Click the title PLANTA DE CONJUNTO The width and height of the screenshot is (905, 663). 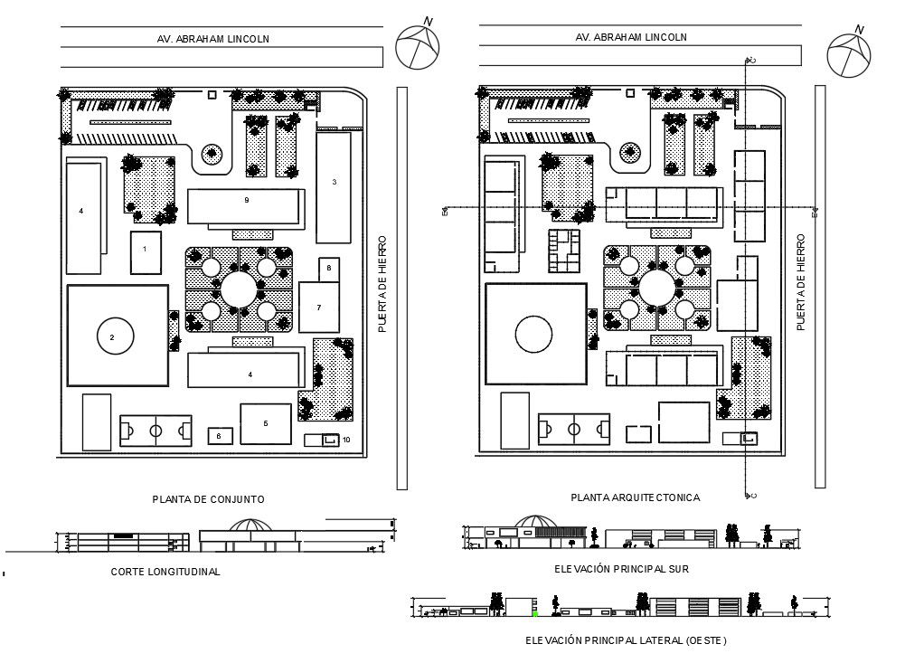tap(208, 498)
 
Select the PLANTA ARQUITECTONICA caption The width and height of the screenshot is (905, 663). tap(635, 497)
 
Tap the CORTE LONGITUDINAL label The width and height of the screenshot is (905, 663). tap(165, 572)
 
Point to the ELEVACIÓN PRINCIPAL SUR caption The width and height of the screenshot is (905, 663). tap(622, 569)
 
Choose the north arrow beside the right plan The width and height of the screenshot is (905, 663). tap(847, 53)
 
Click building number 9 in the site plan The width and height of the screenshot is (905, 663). tap(246, 199)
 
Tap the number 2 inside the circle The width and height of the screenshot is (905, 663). tap(112, 337)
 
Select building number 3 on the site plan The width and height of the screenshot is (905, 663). tap(334, 183)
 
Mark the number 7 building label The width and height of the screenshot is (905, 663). tap(318, 308)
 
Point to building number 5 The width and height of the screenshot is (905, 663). tap(265, 423)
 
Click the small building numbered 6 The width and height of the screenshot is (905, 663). tap(218, 436)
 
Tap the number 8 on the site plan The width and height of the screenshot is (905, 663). tap(329, 269)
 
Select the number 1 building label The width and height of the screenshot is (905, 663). tap(145, 245)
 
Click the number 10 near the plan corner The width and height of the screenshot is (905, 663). tap(345, 440)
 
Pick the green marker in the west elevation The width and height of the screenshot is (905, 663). tap(535, 614)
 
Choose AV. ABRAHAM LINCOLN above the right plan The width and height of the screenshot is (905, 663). tap(630, 38)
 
